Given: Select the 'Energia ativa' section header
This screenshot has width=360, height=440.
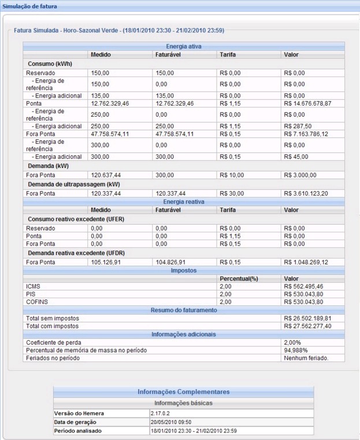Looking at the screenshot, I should point(184,46).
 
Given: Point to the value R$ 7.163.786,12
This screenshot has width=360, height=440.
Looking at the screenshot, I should point(309,133).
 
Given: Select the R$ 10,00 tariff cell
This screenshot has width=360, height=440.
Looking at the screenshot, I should point(232,174).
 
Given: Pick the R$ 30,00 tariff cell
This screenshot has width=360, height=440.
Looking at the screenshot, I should point(232,193).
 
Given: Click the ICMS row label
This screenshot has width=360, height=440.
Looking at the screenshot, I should point(33,285).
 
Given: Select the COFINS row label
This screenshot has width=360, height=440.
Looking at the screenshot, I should point(36,301).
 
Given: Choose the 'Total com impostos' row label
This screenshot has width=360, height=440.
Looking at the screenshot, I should point(53,326).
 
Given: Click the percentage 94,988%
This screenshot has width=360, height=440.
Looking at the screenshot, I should point(296,350).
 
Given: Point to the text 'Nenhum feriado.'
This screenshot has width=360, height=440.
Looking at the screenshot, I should point(306,358).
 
